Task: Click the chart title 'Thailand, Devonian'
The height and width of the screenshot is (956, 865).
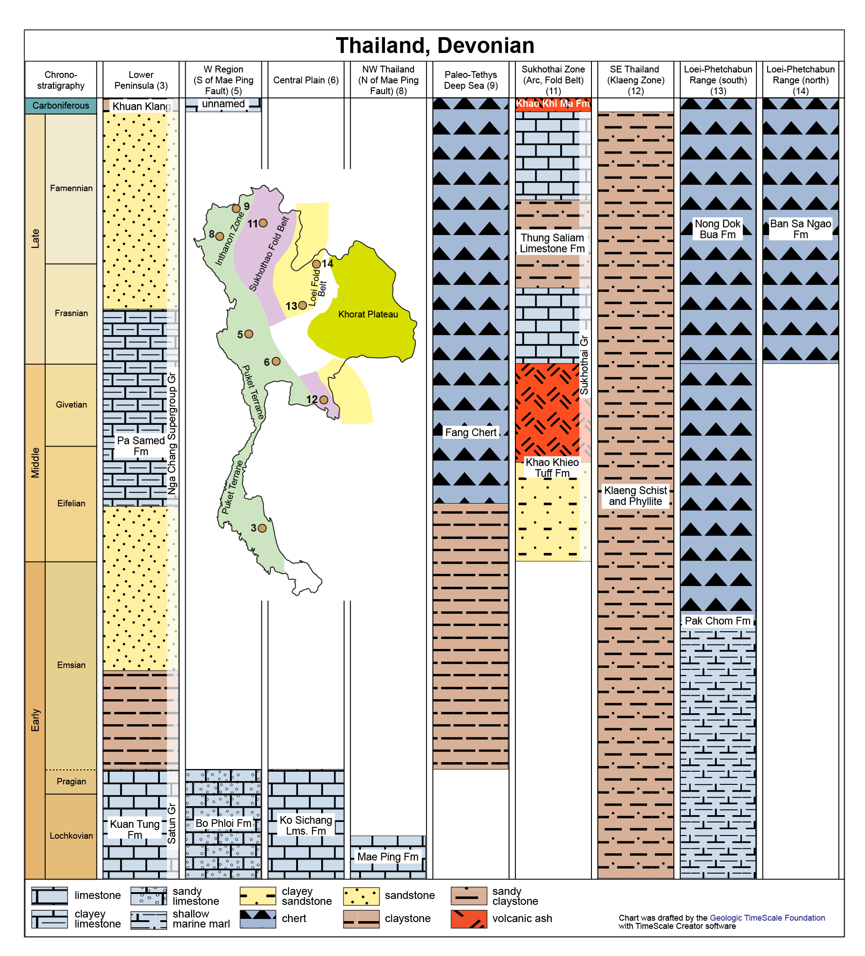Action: tap(435, 46)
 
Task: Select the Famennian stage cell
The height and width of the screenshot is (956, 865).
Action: tap(71, 188)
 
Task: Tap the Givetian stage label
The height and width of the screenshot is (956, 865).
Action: tap(71, 404)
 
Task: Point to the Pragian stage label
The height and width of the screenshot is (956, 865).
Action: tap(71, 781)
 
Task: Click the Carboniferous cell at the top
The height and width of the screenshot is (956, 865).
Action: tap(61, 105)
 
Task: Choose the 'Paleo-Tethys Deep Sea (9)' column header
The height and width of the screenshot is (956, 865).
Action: tap(471, 80)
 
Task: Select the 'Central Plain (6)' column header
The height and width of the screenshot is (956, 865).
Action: tap(306, 80)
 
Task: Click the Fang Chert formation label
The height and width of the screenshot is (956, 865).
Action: tap(471, 432)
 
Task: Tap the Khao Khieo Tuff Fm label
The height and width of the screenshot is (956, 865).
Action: tap(552, 467)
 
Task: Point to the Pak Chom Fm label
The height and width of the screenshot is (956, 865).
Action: tap(717, 621)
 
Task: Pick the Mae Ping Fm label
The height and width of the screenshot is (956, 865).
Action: tap(388, 856)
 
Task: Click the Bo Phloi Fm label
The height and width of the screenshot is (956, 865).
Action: tap(223, 823)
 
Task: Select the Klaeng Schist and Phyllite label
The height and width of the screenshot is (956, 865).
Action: tap(635, 495)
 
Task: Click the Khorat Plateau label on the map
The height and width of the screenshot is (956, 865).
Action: tap(368, 314)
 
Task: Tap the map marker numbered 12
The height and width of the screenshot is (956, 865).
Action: tap(323, 400)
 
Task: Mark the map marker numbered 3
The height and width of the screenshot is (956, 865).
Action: tap(262, 528)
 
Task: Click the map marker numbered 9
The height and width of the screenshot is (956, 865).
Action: tap(236, 209)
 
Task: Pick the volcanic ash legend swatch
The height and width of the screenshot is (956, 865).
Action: tap(469, 918)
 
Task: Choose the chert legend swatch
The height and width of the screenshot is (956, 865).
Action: tap(258, 918)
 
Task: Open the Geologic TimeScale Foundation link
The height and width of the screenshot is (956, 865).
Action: tap(767, 918)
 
